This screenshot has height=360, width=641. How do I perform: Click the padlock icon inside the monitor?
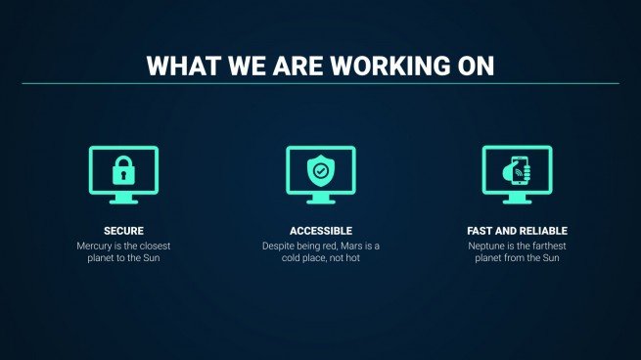click(123, 171)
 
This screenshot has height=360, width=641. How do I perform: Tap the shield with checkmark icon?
click(320, 171)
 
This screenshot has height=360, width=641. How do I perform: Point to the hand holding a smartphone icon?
click(517, 171)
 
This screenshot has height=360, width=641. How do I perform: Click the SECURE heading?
click(123, 231)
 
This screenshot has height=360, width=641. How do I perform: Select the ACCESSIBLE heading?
click(320, 231)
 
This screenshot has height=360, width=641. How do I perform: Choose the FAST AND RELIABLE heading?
click(517, 231)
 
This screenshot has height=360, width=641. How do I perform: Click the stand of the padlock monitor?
click(123, 199)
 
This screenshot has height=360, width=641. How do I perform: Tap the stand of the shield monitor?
click(320, 199)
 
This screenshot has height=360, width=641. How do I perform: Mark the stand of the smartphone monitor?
click(517, 199)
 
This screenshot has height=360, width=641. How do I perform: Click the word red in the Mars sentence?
click(326, 246)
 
